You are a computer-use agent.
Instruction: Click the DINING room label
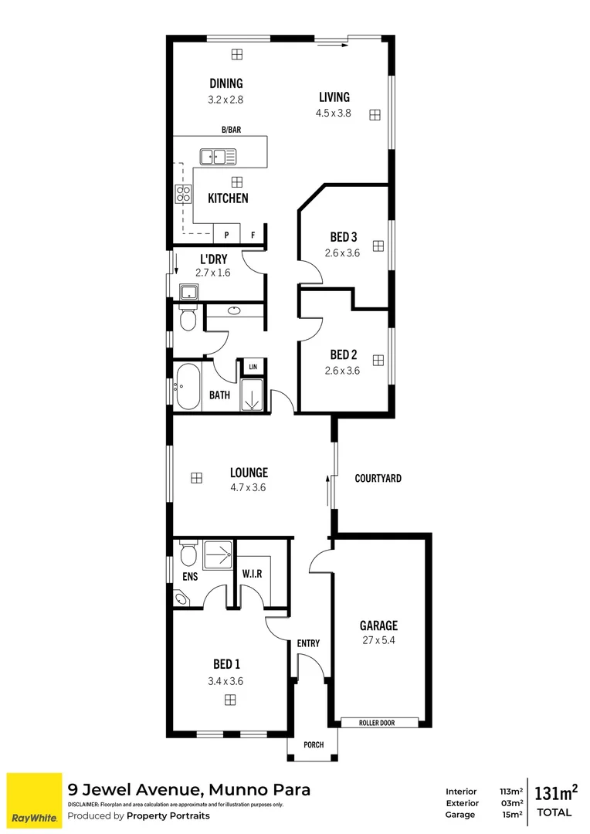click(225, 83)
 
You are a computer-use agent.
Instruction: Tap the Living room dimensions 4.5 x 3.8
click(334, 112)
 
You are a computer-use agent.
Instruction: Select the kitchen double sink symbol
click(218, 157)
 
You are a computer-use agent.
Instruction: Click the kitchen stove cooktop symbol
click(183, 194)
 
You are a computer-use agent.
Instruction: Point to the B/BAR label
click(230, 130)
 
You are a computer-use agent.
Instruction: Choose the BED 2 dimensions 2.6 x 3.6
click(343, 370)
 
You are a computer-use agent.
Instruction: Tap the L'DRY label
click(213, 259)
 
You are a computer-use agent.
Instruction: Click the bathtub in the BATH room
click(187, 386)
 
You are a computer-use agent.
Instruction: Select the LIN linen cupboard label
click(253, 366)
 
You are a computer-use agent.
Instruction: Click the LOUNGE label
click(248, 473)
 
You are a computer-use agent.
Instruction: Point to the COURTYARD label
click(378, 478)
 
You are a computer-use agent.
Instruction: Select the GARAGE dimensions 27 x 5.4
click(378, 640)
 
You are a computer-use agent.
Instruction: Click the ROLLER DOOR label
click(378, 723)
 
